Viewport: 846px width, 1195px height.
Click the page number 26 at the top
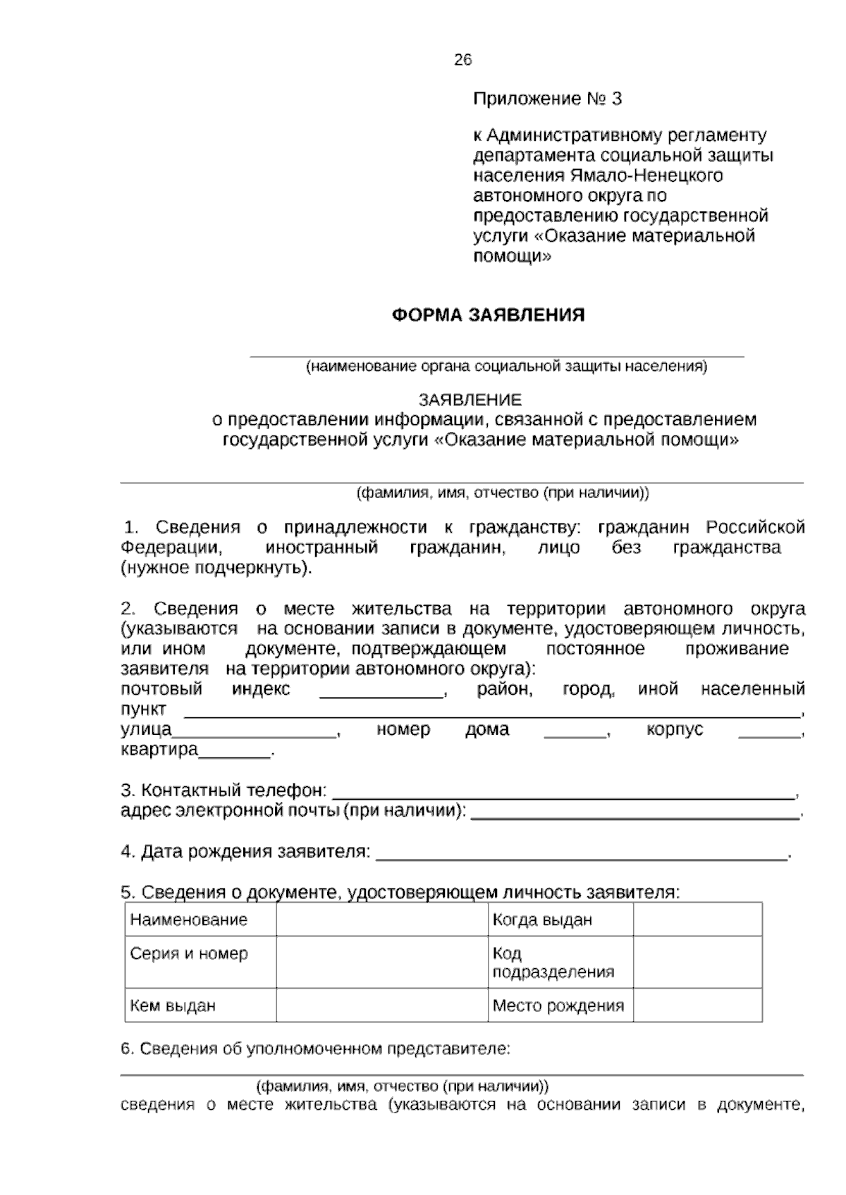tap(463, 60)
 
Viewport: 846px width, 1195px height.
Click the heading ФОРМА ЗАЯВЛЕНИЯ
tap(488, 315)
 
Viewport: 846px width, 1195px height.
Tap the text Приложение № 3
tap(547, 99)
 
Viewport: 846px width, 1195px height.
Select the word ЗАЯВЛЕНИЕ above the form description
tap(470, 400)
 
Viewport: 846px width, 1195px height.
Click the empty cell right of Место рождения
tap(697, 1005)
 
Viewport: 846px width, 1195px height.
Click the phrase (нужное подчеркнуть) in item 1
tap(216, 568)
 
